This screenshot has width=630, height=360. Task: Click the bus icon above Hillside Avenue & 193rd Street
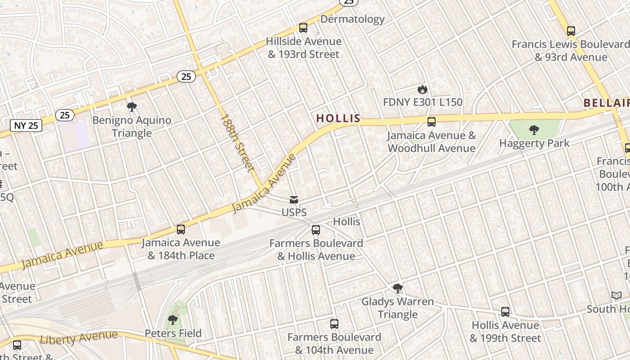[303, 28]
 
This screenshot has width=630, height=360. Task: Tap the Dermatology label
[352, 19]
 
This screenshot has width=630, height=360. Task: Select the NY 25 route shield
[26, 126]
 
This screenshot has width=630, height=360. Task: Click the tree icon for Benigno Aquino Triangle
[132, 107]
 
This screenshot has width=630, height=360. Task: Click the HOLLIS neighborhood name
[338, 118]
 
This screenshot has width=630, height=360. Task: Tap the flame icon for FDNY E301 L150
[422, 89]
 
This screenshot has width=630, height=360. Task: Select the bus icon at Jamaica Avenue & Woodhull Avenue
[432, 121]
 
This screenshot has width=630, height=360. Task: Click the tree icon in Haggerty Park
[534, 130]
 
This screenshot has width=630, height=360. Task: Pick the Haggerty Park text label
[534, 144]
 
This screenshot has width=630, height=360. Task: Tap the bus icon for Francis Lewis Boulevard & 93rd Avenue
[571, 31]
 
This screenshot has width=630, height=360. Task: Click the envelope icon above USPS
[294, 199]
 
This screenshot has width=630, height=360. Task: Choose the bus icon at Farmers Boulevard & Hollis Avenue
[316, 230]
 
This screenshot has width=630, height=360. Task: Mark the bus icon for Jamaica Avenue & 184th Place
[181, 229]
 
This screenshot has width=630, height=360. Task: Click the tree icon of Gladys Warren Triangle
[397, 288]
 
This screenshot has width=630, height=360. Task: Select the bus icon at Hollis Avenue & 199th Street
[505, 312]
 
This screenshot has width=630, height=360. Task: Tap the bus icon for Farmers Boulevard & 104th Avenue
[334, 324]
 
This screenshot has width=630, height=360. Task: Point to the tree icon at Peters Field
[172, 320]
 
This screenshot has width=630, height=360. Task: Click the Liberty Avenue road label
[79, 337]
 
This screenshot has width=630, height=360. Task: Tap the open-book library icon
[616, 296]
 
